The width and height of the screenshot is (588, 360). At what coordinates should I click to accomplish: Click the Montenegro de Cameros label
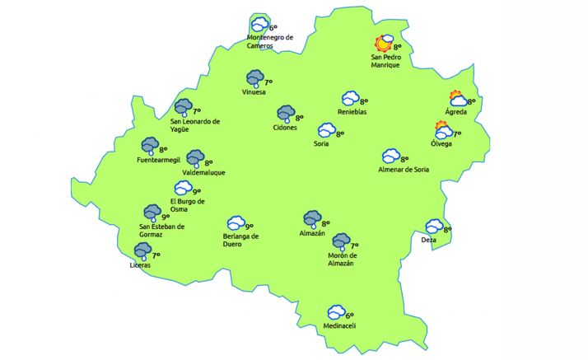click(270, 41)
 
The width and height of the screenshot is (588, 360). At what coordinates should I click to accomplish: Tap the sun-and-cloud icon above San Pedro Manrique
click(384, 44)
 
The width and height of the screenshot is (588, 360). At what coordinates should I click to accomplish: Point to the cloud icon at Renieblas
click(351, 99)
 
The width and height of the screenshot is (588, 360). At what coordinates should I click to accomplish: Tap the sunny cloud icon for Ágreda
click(457, 99)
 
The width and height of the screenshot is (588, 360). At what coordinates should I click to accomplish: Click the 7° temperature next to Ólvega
click(457, 133)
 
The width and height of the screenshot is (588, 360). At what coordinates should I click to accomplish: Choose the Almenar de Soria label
click(403, 170)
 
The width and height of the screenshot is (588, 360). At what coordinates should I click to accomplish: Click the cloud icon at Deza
click(434, 227)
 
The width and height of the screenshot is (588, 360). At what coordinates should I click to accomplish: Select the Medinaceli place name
click(338, 325)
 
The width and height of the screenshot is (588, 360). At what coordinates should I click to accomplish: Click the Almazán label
click(312, 234)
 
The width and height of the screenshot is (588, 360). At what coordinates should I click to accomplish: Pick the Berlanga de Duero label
click(240, 241)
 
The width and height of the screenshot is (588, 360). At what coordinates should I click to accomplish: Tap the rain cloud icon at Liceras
click(142, 254)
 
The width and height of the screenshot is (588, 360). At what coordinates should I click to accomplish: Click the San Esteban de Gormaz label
click(162, 231)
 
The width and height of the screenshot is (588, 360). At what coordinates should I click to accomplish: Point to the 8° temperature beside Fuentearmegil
click(165, 149)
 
